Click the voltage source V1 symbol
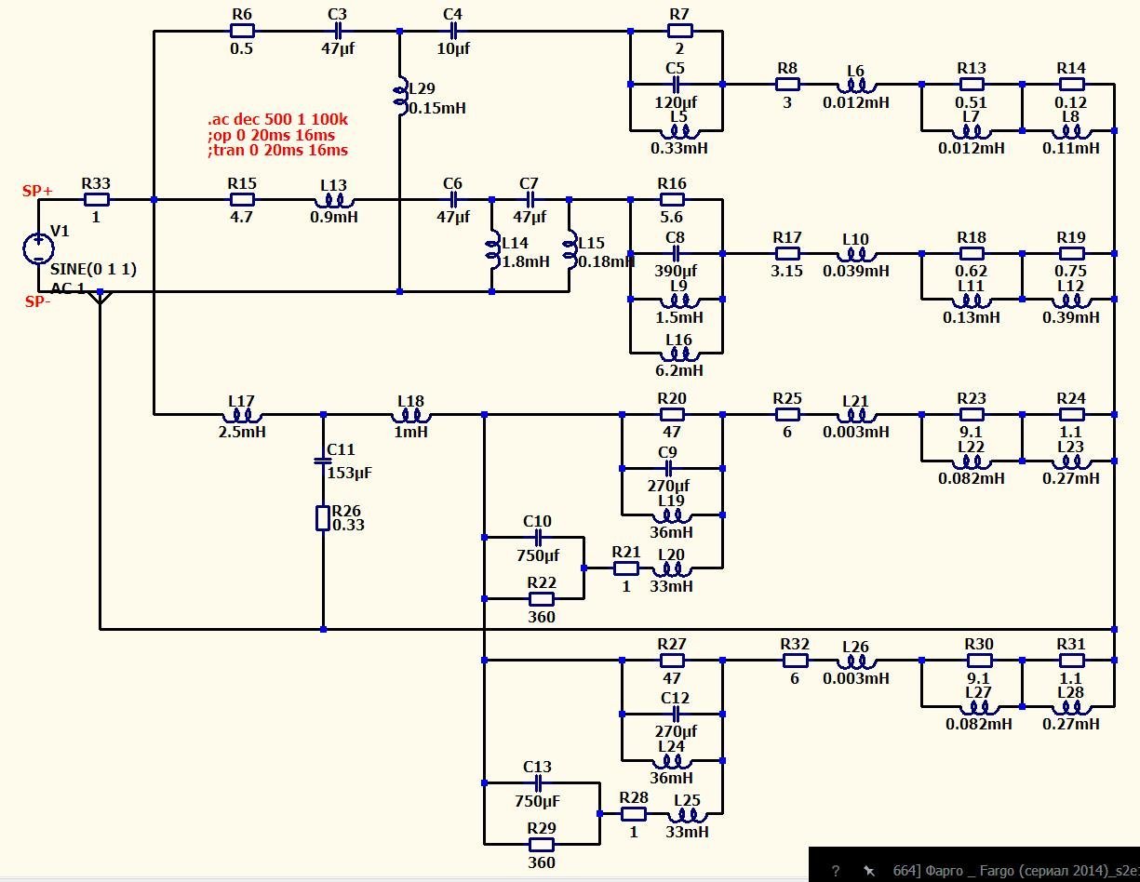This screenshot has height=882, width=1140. [38, 248]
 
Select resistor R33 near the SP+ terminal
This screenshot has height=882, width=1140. [97, 199]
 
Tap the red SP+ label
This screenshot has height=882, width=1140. [38, 191]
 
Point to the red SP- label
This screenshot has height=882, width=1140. [38, 301]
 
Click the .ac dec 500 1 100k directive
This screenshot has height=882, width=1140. [278, 119]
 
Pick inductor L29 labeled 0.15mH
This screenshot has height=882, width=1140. [401, 93]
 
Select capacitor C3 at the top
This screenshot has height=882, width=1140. [337, 31]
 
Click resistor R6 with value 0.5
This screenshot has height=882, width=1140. [241, 31]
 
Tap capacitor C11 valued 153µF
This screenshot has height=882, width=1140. [323, 459]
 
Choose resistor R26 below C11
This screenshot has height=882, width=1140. [323, 517]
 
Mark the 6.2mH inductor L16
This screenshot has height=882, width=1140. [678, 354]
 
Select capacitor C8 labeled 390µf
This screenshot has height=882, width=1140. [676, 253]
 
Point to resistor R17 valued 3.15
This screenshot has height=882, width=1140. [787, 253]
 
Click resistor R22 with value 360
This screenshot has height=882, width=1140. [542, 598]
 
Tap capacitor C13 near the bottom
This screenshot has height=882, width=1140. [537, 783]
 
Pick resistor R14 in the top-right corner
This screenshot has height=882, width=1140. [1071, 84]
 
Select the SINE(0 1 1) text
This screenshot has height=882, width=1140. [93, 270]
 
